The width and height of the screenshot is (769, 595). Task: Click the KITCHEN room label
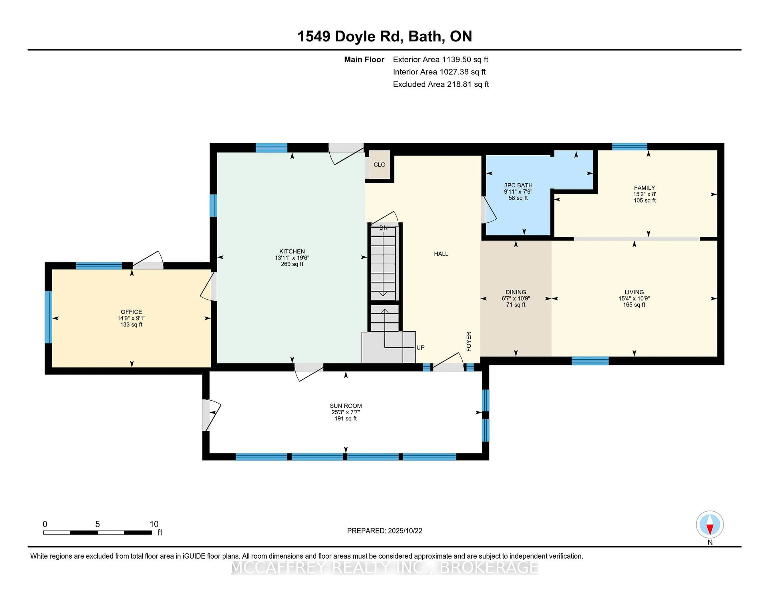(x=292, y=251)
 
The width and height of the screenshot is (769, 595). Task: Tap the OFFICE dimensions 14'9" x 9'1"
(x=131, y=318)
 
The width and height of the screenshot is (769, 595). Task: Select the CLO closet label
(x=379, y=165)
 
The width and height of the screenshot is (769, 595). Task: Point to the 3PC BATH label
(x=518, y=185)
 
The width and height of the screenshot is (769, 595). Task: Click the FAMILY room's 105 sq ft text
(x=644, y=200)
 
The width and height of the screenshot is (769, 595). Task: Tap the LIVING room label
(x=634, y=292)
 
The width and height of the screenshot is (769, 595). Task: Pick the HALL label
(x=441, y=254)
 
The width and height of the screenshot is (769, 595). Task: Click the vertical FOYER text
(x=469, y=341)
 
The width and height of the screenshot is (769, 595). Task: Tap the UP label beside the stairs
(x=420, y=348)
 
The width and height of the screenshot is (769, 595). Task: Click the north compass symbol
(x=710, y=524)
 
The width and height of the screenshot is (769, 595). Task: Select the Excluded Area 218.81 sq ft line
(x=441, y=84)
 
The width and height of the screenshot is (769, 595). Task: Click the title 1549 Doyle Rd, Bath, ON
(x=384, y=36)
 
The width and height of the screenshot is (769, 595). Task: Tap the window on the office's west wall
(x=48, y=317)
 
